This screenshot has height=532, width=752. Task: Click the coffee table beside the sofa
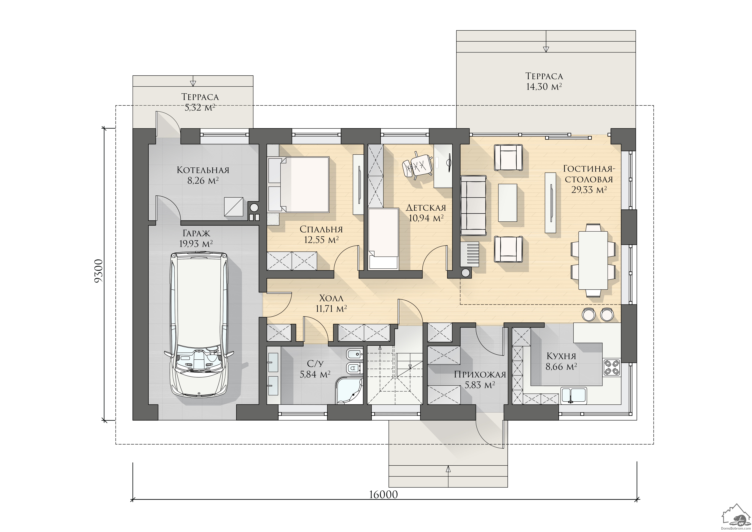click(x=508, y=202)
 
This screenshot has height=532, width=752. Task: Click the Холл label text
click(x=332, y=298)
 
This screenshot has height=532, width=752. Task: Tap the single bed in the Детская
click(x=383, y=239)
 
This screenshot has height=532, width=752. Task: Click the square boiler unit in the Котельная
click(x=234, y=206)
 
